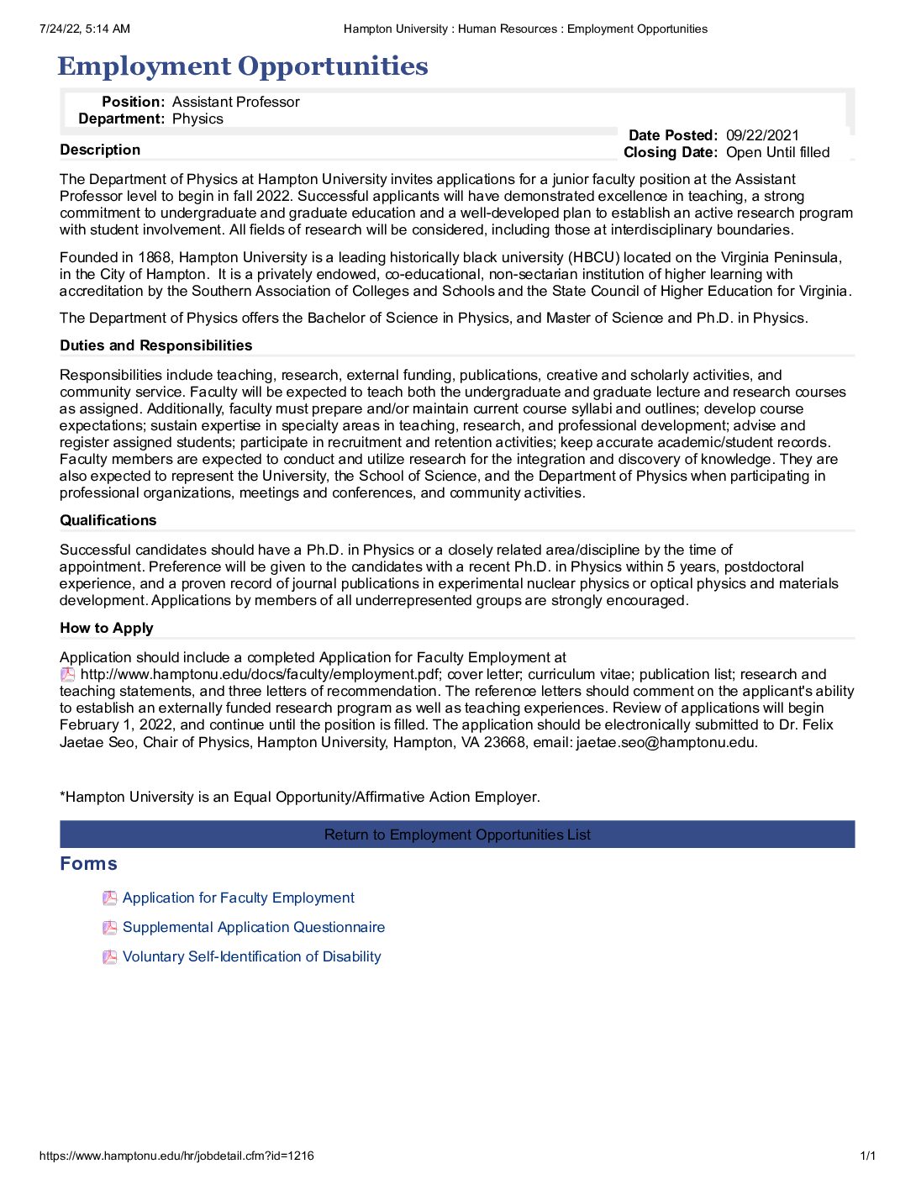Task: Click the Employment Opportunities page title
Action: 243,66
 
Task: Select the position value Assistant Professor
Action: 235,102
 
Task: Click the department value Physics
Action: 197,118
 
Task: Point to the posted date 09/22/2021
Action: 762,135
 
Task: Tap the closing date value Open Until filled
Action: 777,152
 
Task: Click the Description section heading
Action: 100,150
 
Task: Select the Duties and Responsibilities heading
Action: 155,345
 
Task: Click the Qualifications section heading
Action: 108,520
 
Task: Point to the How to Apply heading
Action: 106,628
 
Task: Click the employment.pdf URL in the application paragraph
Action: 262,674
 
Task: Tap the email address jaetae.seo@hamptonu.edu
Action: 666,742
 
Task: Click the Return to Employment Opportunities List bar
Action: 457,835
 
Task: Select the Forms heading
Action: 88,864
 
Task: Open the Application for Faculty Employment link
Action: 238,898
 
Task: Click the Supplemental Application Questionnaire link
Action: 253,927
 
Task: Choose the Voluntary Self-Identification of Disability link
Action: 251,956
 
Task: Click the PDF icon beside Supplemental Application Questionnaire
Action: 109,928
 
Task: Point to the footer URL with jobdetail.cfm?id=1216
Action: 176,1156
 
